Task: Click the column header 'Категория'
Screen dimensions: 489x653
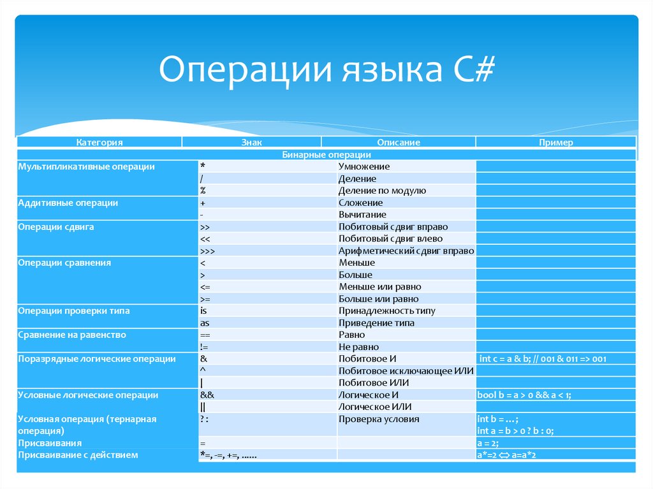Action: pyautogui.click(x=99, y=143)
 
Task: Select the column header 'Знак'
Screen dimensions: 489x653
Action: pyautogui.click(x=251, y=143)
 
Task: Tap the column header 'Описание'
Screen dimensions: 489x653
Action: pyautogui.click(x=398, y=143)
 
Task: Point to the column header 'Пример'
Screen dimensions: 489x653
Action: pyautogui.click(x=555, y=143)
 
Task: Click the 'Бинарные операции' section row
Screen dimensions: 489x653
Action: pyautogui.click(x=326, y=154)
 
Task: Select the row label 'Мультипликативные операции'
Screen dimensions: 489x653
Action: pyautogui.click(x=87, y=166)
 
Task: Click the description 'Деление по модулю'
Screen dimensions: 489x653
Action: pyautogui.click(x=383, y=191)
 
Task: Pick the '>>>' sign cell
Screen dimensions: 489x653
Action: pyautogui.click(x=207, y=251)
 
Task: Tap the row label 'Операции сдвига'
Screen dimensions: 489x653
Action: pyautogui.click(x=57, y=226)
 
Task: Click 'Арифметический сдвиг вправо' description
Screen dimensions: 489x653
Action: pyautogui.click(x=406, y=251)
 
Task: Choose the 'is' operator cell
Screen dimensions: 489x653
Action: pyautogui.click(x=203, y=310)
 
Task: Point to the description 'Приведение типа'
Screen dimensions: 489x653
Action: pyautogui.click(x=377, y=323)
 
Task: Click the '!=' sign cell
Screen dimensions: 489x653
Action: pyautogui.click(x=204, y=347)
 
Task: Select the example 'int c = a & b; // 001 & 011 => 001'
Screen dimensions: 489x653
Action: pyautogui.click(x=542, y=359)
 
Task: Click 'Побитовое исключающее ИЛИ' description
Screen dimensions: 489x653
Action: pyautogui.click(x=406, y=370)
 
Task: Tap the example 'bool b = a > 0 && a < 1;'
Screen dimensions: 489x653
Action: pyautogui.click(x=524, y=395)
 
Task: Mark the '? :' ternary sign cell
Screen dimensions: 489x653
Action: pyautogui.click(x=205, y=419)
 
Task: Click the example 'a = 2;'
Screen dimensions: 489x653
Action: pyautogui.click(x=488, y=443)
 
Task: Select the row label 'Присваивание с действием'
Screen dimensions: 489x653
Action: pyautogui.click(x=78, y=455)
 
